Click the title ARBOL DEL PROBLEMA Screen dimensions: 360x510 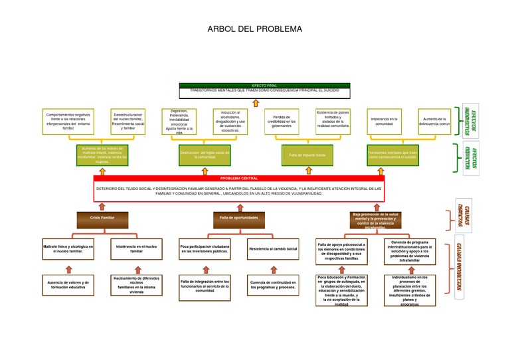point(254,29)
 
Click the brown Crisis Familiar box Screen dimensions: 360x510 point(102,218)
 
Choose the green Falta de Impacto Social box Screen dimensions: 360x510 point(307,155)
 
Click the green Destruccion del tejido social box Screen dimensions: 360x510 point(205,155)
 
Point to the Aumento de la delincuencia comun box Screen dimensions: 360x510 point(435,121)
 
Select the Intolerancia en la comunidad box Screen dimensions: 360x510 point(384,121)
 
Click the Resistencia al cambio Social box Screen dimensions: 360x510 point(272,249)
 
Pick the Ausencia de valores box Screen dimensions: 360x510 point(68,284)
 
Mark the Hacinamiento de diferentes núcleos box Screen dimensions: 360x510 point(136,284)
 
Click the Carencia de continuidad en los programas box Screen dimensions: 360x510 point(272,284)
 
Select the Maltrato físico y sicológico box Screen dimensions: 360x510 point(68,249)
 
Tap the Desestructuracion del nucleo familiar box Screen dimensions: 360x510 point(128,121)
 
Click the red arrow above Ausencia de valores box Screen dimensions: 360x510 point(68,269)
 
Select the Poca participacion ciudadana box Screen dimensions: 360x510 point(205,249)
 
